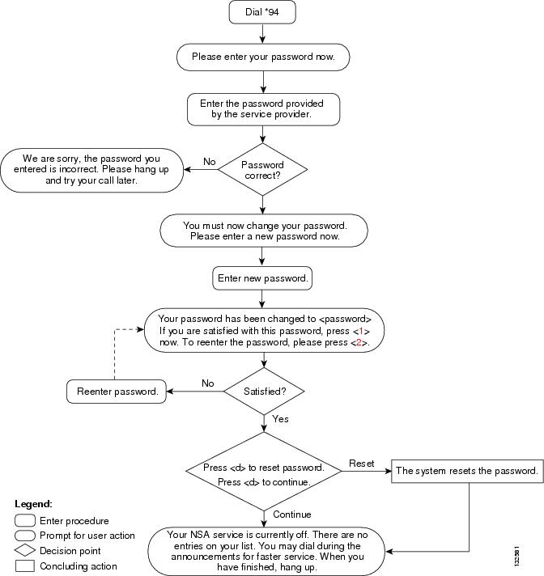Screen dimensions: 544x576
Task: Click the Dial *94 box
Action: point(262,12)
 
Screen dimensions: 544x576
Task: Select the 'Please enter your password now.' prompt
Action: point(263,57)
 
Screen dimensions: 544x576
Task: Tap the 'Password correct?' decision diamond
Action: point(262,169)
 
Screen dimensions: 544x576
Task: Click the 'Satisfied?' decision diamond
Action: point(264,392)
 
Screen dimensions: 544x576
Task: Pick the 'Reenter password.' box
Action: point(117,392)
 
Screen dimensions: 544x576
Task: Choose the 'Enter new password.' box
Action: point(262,278)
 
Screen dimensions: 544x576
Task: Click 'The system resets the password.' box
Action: point(467,471)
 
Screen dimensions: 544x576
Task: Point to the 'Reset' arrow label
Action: point(362,464)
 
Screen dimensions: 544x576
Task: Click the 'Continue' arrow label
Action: point(292,515)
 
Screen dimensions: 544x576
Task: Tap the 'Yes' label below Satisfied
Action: point(280,419)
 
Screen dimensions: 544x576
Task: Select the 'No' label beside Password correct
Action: point(210,162)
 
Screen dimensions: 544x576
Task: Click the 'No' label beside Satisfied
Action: point(208,383)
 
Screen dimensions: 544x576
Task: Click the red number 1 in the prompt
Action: point(361,331)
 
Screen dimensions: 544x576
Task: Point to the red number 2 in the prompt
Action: point(359,342)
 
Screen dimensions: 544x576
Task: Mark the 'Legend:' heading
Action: point(33,504)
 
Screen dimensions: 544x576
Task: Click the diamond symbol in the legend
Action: point(25,550)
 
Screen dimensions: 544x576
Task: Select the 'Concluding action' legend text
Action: point(79,566)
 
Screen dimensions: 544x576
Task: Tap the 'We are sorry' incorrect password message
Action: point(91,170)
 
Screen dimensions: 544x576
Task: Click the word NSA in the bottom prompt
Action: point(200,535)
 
